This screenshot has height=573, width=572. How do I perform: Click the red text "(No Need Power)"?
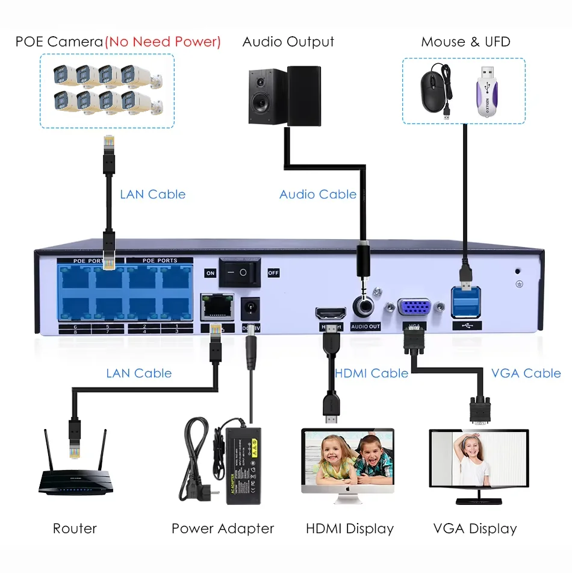[163, 42]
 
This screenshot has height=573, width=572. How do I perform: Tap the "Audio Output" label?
[288, 42]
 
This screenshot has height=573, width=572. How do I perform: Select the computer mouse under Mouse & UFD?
[432, 91]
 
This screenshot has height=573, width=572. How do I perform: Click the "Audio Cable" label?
[318, 195]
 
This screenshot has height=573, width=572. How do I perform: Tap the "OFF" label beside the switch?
[273, 272]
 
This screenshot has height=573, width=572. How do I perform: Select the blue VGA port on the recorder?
[414, 308]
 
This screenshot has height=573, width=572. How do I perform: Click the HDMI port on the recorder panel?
[331, 313]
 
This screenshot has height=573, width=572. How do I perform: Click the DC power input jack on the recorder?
[249, 309]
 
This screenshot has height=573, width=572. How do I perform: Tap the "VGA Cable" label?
[526, 374]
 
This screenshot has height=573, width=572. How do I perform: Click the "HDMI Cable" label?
[371, 374]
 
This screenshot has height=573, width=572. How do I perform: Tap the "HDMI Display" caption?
[350, 529]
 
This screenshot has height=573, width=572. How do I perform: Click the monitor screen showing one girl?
[479, 459]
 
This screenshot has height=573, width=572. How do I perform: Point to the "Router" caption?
[75, 529]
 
